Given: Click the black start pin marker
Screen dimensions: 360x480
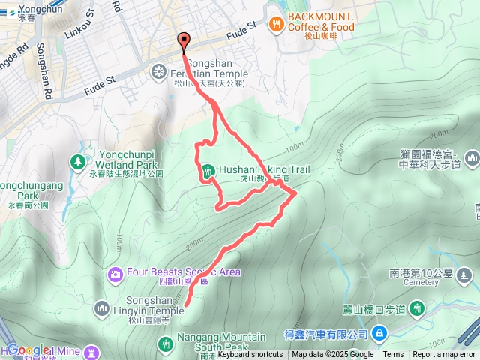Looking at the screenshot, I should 183,42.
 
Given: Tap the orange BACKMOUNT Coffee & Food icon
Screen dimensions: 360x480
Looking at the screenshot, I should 277,24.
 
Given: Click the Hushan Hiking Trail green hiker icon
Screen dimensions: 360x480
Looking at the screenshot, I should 207,171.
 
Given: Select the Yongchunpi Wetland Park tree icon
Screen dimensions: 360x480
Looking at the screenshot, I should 77,161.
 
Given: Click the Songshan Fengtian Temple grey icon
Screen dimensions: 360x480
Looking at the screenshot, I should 159,71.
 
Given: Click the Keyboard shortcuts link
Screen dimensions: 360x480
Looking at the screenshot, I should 250,355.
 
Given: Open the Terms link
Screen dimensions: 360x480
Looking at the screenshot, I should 393,355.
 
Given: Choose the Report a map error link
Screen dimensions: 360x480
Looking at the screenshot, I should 444,355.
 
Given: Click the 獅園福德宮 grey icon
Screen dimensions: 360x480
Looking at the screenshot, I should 472,158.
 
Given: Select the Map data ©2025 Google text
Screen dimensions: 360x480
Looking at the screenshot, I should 332,355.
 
